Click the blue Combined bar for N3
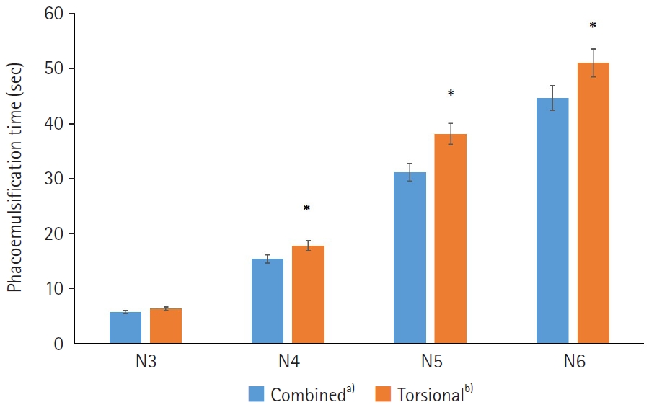[125, 328]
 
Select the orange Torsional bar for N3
[166, 326]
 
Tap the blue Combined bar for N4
[268, 301]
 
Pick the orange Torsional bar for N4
[308, 295]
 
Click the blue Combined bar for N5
[410, 258]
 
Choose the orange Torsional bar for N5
[450, 239]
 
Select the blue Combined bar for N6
[552, 220]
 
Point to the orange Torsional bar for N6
[593, 203]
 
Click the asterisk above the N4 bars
[306, 208]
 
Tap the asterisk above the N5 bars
[451, 93]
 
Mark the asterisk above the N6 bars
[593, 26]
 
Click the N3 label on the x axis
[146, 362]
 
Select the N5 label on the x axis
[432, 362]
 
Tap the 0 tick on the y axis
[58, 344]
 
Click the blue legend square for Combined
[256, 394]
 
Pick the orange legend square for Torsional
[383, 394]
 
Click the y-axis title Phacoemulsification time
[15, 178]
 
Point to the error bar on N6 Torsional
[593, 63]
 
